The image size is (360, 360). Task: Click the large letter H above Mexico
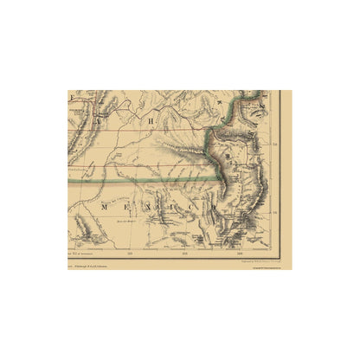click(x=150, y=122)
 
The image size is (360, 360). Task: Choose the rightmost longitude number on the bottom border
click(x=238, y=254)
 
